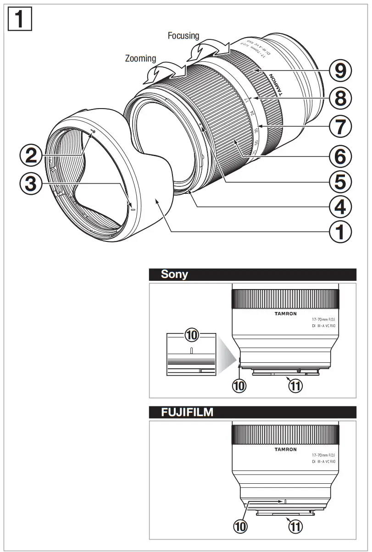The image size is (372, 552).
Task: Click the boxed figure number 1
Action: tap(20, 19)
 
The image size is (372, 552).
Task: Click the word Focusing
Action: tap(183, 35)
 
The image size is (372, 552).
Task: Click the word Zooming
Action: tap(140, 59)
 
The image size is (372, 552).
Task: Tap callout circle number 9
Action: tap(340, 71)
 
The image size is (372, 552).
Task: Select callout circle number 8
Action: tap(340, 98)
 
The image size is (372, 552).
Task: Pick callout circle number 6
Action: tap(340, 156)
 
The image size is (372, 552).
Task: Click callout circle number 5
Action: tap(340, 181)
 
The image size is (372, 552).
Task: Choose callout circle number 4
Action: tap(340, 207)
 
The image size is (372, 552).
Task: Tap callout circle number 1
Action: tap(340, 233)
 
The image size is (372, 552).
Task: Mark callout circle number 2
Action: tap(31, 156)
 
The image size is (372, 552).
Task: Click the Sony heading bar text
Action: tap(174, 274)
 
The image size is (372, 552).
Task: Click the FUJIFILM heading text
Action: tap(187, 412)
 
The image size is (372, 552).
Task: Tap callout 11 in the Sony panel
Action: tap(295, 386)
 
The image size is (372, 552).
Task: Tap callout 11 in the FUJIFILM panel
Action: tap(295, 526)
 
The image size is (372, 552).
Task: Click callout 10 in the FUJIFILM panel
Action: tap(239, 526)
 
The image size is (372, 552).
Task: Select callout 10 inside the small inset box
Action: tap(191, 336)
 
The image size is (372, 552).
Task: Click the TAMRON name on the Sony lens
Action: tap(285, 314)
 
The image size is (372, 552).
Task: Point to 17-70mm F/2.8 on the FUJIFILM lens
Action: tap(323, 455)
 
